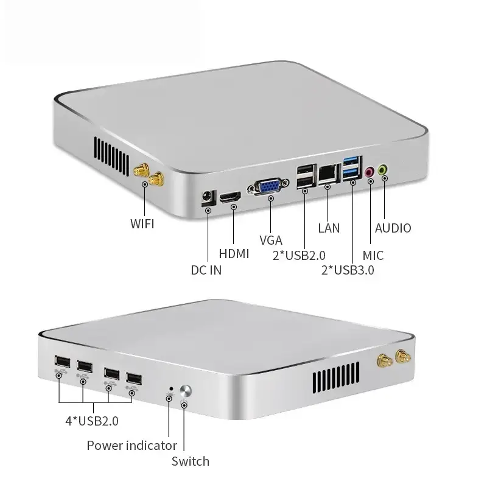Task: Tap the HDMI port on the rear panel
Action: pyautogui.click(x=231, y=197)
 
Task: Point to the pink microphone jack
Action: pyautogui.click(x=369, y=172)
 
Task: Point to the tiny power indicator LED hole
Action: pyautogui.click(x=172, y=388)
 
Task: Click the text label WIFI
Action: pyautogui.click(x=142, y=223)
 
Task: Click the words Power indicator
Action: pyautogui.click(x=132, y=445)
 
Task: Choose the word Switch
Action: pyautogui.click(x=191, y=461)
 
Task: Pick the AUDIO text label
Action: pyautogui.click(x=393, y=228)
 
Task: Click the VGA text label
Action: pyautogui.click(x=271, y=240)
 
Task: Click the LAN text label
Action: pyautogui.click(x=329, y=228)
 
